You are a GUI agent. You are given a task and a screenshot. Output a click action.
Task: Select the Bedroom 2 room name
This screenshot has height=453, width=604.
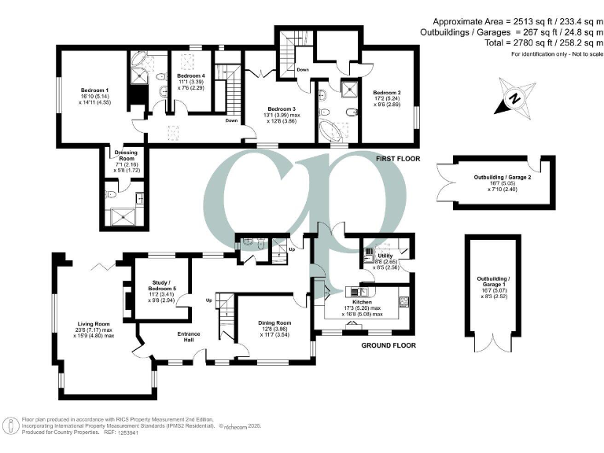click(x=387, y=92)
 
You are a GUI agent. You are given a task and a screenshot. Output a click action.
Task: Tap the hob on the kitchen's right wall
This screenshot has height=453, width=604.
click(x=405, y=300)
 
